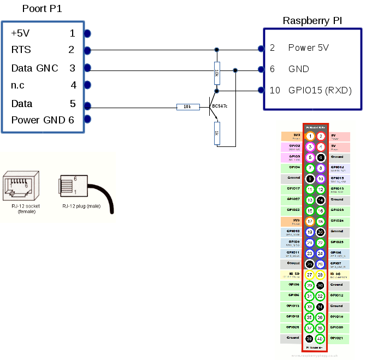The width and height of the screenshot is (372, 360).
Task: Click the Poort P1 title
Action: [x=43, y=9]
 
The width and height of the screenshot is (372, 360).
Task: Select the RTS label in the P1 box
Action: [x=21, y=50]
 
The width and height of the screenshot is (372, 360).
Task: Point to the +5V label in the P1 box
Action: [x=21, y=33]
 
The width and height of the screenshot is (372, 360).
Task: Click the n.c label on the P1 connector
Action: [x=18, y=85]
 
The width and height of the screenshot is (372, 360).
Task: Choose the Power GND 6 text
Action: [x=43, y=120]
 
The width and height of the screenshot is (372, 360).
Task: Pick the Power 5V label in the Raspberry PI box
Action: [x=309, y=48]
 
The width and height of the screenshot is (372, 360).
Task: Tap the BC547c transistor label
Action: [x=220, y=105]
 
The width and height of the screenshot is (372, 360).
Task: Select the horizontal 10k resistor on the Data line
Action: [x=187, y=107]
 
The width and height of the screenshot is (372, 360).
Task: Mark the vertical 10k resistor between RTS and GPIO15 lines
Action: [x=217, y=72]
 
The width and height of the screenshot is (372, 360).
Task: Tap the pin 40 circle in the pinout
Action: [x=320, y=338]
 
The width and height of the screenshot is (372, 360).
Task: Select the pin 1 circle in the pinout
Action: [x=310, y=136]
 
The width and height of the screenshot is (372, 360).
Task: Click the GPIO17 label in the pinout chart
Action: [x=293, y=189]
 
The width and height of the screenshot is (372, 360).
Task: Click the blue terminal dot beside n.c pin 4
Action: [x=87, y=85]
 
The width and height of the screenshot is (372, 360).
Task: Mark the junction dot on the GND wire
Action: [x=235, y=69]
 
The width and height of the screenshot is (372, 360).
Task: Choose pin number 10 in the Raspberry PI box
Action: [x=274, y=90]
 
